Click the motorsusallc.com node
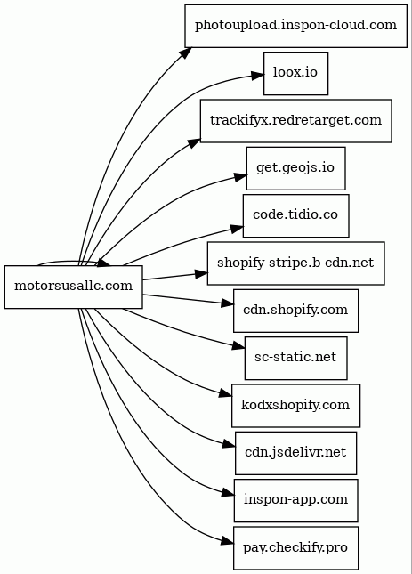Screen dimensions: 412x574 (x=73, y=287)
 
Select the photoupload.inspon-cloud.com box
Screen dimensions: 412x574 (x=295, y=26)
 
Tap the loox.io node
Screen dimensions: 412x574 (x=295, y=73)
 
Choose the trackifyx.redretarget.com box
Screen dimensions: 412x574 (x=295, y=121)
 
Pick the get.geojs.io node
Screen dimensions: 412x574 (x=295, y=168)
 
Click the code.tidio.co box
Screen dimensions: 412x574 (x=295, y=215)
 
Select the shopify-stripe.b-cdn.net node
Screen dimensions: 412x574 (x=295, y=263)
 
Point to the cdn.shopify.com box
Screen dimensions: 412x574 (x=295, y=311)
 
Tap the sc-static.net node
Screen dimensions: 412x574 (x=295, y=358)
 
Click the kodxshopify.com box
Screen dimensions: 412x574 (x=295, y=406)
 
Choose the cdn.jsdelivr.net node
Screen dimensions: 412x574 (x=295, y=453)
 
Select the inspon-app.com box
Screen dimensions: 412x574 (x=295, y=500)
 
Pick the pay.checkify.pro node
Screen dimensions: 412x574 (x=295, y=548)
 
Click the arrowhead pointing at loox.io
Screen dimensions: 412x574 (x=257, y=76)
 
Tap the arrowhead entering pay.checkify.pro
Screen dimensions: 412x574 (x=227, y=542)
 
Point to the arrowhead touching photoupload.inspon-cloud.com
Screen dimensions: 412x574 (x=185, y=53)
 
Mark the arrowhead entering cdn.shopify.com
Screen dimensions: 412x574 (x=227, y=303)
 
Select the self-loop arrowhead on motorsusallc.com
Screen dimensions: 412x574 (x=104, y=263)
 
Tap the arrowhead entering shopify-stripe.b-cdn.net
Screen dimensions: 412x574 (x=201, y=273)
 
